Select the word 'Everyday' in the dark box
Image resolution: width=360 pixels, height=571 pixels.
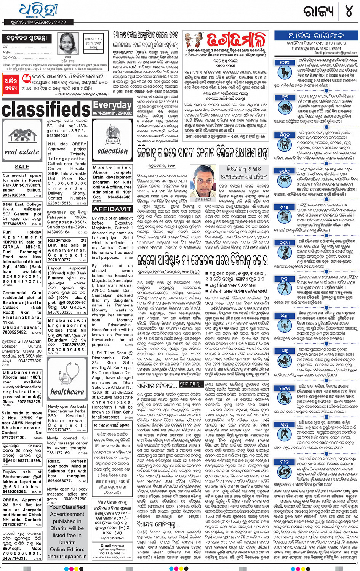112,105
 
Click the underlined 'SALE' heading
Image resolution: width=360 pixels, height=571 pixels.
22,167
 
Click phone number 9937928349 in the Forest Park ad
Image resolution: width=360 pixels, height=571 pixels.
14,195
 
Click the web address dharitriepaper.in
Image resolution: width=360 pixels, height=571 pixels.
67,556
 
